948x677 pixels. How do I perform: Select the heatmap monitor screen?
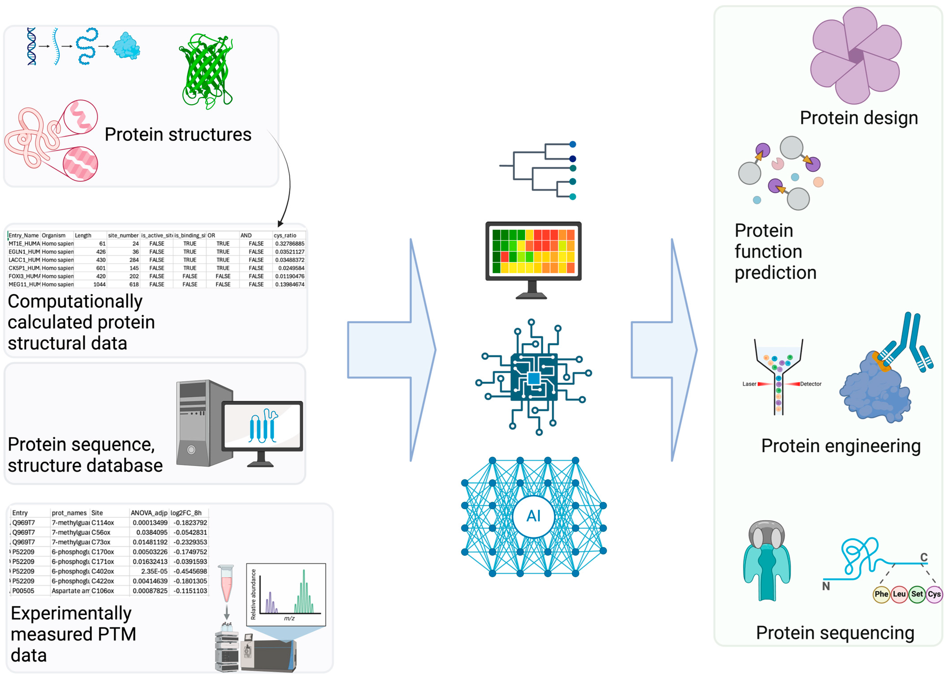pyautogui.click(x=533, y=251)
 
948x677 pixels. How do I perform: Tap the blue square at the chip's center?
pyautogui.click(x=534, y=379)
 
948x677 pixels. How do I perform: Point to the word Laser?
pyautogui.click(x=749, y=384)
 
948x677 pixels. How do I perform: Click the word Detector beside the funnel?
pyautogui.click(x=811, y=384)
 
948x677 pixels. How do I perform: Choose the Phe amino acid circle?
pyautogui.click(x=881, y=594)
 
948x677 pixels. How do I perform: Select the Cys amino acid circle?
pyautogui.click(x=934, y=594)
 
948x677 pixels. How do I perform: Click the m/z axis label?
pyautogui.click(x=289, y=618)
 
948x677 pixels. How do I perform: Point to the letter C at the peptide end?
pyautogui.click(x=924, y=557)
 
